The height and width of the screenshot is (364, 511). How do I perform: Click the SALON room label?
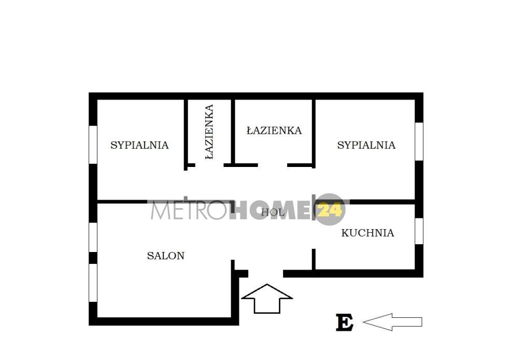point(165,256)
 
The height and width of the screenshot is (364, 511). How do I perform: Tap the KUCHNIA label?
point(367,233)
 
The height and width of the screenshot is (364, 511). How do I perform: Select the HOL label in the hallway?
point(273,212)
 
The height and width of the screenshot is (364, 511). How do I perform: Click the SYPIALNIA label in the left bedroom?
point(139,145)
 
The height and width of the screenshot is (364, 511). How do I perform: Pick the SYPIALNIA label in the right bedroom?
point(366,145)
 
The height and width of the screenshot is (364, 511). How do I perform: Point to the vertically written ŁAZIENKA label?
point(209,132)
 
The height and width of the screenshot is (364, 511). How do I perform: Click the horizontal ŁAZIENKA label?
point(274,130)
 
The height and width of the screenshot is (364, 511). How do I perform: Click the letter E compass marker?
point(345,323)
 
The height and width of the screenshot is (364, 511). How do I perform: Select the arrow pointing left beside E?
point(392,322)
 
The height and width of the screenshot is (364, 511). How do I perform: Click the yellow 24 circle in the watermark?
point(330,209)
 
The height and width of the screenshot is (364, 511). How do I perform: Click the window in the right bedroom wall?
point(419,142)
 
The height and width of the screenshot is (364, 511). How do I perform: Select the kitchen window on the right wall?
point(419,231)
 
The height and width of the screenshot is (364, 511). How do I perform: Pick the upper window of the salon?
point(93,237)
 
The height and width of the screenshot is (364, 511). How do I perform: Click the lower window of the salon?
point(93,283)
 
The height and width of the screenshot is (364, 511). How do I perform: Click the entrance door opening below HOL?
point(265,273)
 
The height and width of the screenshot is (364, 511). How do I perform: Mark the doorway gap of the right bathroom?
point(273,165)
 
